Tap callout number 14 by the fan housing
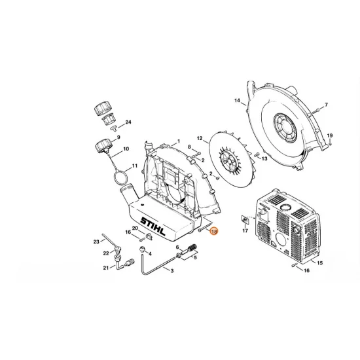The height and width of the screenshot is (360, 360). (238, 101)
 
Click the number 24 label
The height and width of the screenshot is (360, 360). (128, 122)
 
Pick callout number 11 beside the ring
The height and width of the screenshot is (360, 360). (135, 166)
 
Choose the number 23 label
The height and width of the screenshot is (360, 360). (96, 240)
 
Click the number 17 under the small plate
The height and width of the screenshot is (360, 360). (245, 231)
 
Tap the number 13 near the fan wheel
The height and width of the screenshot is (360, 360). (264, 158)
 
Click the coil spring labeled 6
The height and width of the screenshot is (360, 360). (192, 249)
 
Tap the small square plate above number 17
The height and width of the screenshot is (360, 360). (244, 219)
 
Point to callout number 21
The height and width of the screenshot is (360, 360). (105, 268)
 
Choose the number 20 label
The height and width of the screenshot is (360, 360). (135, 228)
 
